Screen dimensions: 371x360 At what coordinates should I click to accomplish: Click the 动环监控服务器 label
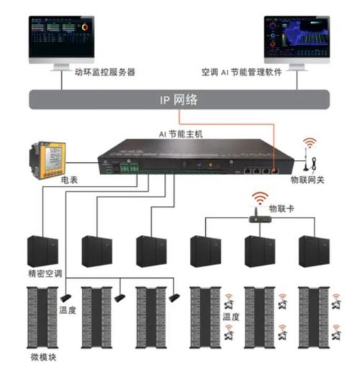tap(104, 73)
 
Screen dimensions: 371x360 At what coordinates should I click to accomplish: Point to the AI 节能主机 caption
tap(182, 134)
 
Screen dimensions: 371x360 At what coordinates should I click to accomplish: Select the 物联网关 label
tap(307, 181)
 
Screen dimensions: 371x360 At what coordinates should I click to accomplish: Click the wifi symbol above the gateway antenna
tap(310, 143)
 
